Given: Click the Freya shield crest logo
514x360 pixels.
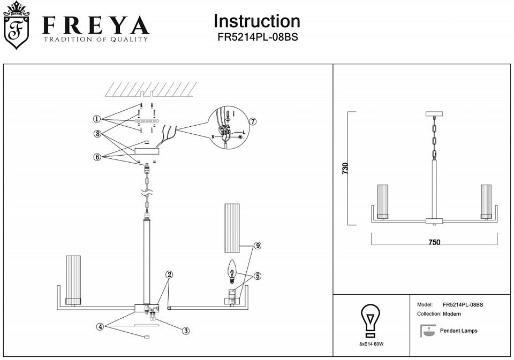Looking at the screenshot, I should tap(17, 26).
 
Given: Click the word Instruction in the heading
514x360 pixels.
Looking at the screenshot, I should tap(256, 21).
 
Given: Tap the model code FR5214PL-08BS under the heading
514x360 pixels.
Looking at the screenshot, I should tap(257, 38).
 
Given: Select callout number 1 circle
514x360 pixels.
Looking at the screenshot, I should tap(97, 119).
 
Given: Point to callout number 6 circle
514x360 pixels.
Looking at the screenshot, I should tap(97, 157).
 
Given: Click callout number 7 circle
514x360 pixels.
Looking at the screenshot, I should tap(253, 121).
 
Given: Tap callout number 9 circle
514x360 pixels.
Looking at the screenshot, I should tap(258, 246).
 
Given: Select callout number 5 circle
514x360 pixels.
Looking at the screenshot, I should tap(258, 276).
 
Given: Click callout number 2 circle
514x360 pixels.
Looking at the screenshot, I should tap(169, 274).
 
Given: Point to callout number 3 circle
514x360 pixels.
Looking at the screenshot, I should tap(185, 331).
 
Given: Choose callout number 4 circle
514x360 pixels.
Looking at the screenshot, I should tap(100, 326).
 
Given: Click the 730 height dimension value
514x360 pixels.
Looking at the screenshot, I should tap(345, 168).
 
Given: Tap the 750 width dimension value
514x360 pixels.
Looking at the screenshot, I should tap(434, 242).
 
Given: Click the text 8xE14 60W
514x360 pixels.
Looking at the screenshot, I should tap(371, 344).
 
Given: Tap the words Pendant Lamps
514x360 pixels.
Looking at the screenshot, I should tap(458, 331).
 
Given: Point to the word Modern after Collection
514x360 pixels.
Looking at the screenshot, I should tap(452, 314).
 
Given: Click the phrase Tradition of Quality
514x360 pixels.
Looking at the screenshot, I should tap(95, 39).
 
